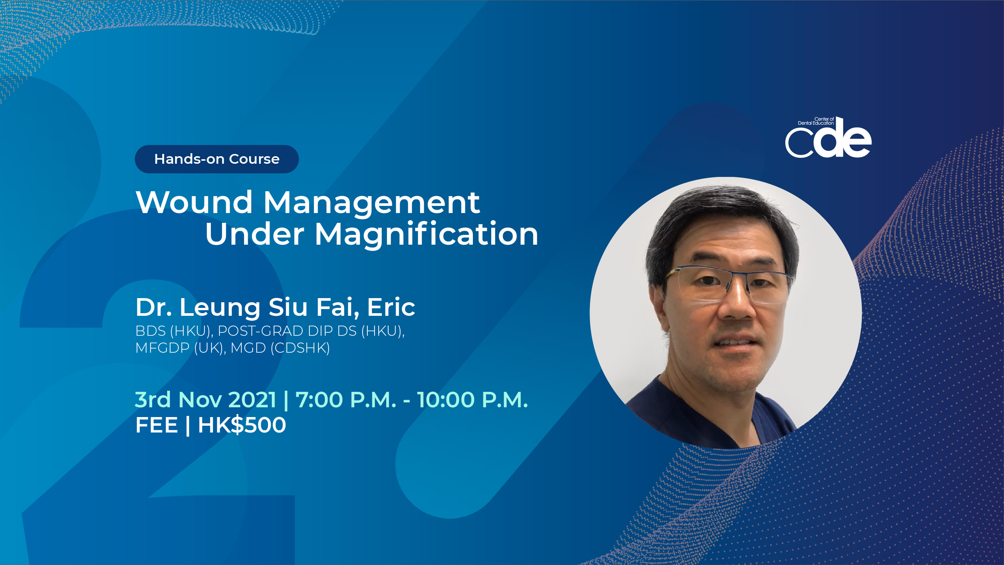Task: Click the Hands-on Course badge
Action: point(217,159)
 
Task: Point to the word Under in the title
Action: point(254,234)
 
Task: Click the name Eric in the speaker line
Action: point(391,307)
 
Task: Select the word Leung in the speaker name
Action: point(220,308)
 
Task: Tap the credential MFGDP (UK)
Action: point(180,347)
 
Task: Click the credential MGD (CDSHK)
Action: point(280,347)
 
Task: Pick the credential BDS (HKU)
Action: point(174,331)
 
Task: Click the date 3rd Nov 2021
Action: point(206,400)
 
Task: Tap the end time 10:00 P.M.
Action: point(472,400)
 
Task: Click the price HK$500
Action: point(242,425)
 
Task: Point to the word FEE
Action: point(156,425)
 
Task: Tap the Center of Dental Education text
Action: point(816,121)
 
